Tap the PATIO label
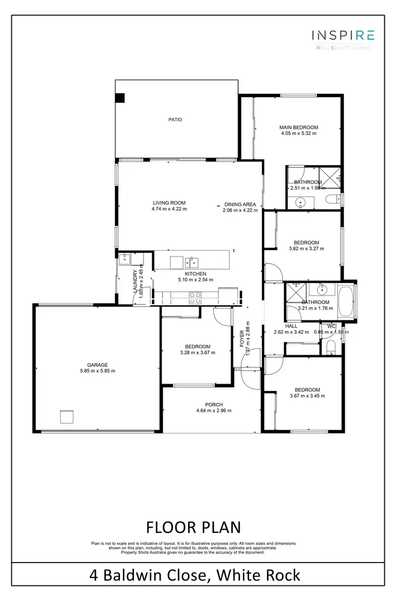[175, 120]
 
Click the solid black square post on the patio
[120, 98]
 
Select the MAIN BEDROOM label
[299, 127]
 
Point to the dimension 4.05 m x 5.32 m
[299, 134]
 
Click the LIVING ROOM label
[169, 203]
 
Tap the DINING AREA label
[240, 204]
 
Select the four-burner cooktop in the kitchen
[194, 295]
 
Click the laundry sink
[126, 258]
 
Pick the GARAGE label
[98, 365]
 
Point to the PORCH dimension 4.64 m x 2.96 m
[214, 411]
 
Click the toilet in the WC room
[331, 346]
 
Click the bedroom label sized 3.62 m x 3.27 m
[306, 245]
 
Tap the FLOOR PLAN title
[193, 527]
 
